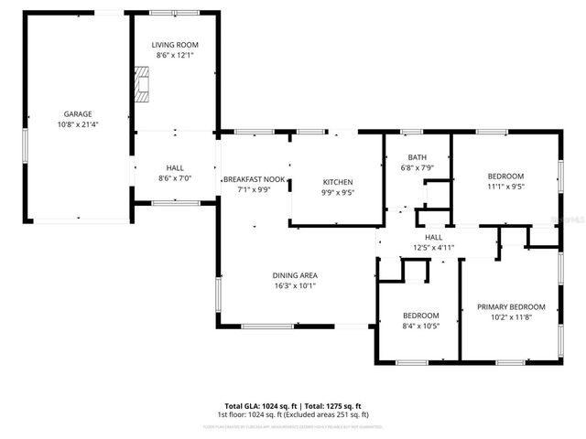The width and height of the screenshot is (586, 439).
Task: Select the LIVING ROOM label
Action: [x=174, y=45]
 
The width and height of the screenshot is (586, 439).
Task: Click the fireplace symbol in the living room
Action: [x=142, y=83]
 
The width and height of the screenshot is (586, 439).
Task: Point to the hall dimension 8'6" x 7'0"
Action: [x=174, y=178]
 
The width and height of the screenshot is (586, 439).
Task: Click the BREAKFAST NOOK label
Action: [x=254, y=179]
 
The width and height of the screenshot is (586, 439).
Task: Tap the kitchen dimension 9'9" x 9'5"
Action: [x=336, y=193]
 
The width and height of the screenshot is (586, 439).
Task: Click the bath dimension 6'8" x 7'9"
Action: [x=417, y=167]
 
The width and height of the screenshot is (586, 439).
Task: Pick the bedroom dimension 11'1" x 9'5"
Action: [x=505, y=186]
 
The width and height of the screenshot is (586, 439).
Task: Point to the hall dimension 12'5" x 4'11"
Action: [x=433, y=247]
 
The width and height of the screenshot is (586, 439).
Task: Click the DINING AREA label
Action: [x=295, y=275]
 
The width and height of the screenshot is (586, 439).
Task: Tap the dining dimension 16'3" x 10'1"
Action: [x=295, y=285]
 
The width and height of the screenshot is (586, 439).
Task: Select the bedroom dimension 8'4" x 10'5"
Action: [x=421, y=326]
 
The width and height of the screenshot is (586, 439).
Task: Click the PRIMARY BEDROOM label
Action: [x=511, y=307]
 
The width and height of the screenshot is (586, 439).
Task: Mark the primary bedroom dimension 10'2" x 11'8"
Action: [x=511, y=317]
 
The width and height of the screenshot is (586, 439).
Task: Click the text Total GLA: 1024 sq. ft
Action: [x=257, y=405]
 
